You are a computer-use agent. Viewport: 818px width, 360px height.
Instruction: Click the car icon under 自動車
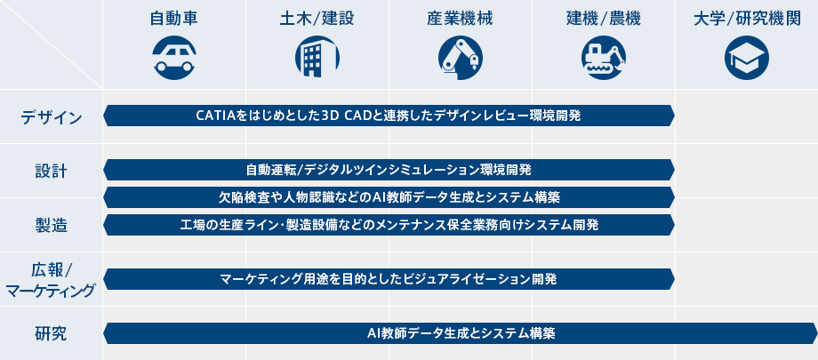pos(174,58)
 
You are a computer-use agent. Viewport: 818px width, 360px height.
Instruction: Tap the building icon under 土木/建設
pos(317,58)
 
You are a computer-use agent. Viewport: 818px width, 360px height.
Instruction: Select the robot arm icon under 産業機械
pos(461,58)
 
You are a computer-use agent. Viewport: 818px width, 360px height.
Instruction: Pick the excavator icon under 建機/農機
pos(604,58)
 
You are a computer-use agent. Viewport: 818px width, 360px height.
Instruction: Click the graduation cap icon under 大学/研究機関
pos(747,58)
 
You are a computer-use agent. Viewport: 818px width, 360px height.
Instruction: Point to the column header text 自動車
pos(174,19)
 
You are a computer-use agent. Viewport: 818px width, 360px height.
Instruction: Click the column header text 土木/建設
pos(317,19)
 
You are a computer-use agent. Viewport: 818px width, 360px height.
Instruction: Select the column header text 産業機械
pos(461,19)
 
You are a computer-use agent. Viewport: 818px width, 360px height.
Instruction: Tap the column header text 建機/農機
pos(604,19)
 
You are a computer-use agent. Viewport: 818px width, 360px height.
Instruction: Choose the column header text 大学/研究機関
pos(747,19)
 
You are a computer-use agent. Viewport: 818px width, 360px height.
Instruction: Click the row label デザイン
pos(52,117)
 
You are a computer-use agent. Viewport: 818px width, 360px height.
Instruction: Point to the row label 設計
pos(52,172)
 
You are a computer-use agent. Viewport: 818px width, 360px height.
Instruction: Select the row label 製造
pos(52,226)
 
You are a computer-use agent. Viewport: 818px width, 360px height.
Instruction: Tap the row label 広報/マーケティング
pos(52,280)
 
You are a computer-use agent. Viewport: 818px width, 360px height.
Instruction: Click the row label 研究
pos(52,333)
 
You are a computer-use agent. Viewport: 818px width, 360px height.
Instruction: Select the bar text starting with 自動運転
pos(389,170)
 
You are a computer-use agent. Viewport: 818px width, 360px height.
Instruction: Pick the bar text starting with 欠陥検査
pos(389,197)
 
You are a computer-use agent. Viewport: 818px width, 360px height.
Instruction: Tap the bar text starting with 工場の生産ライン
pos(389,225)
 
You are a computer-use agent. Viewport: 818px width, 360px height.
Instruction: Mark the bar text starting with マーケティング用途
pos(389,279)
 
